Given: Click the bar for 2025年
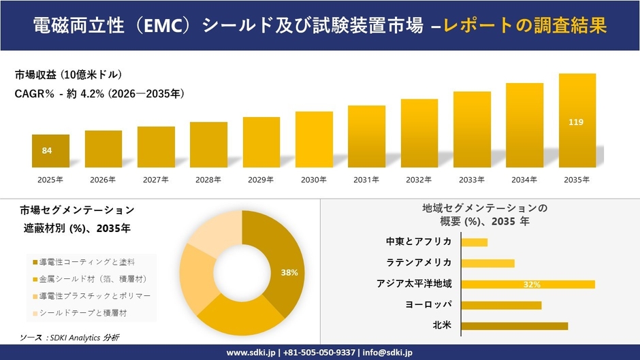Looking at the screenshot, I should pyautogui.click(x=50, y=151).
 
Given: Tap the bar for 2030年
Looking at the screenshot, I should pyautogui.click(x=314, y=140).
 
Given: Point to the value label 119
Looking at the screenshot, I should pyautogui.click(x=577, y=122).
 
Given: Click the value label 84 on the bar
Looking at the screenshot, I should pyautogui.click(x=47, y=150).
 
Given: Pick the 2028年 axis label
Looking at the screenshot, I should pyautogui.click(x=208, y=180).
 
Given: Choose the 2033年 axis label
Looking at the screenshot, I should pyautogui.click(x=472, y=180).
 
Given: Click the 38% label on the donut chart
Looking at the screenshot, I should pyautogui.click(x=289, y=272).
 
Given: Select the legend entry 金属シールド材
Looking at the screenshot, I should pyautogui.click(x=93, y=279).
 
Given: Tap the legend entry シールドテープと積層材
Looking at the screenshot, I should pyautogui.click(x=82, y=313).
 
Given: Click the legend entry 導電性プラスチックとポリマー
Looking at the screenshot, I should pyautogui.click(x=95, y=296).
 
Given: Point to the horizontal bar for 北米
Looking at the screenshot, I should pyautogui.click(x=514, y=326).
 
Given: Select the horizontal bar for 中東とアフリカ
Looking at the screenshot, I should pyautogui.click(x=474, y=242).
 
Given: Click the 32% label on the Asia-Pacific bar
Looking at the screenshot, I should pyautogui.click(x=532, y=284).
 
